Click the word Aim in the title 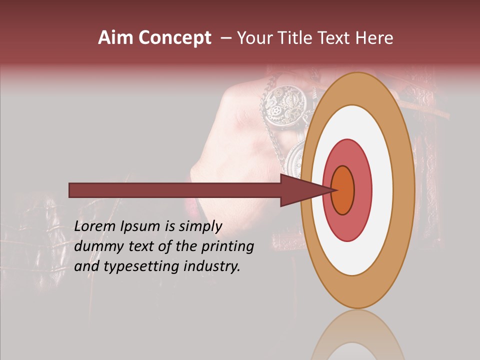tap(116, 38)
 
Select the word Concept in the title tap(174, 38)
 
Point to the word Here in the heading tap(375, 38)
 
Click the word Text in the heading tap(336, 38)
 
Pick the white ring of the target tap(382, 190)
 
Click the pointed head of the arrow tap(305, 190)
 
